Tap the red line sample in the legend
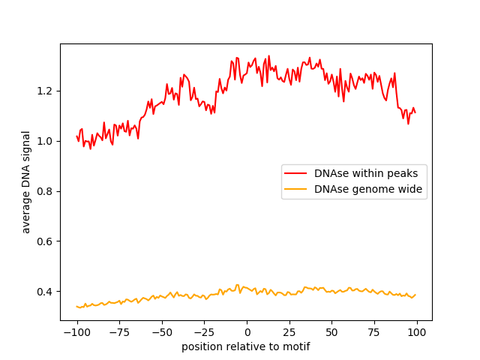pos(296,173)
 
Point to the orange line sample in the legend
pos(296,190)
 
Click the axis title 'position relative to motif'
pos(246,347)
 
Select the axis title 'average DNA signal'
pos(26,182)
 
